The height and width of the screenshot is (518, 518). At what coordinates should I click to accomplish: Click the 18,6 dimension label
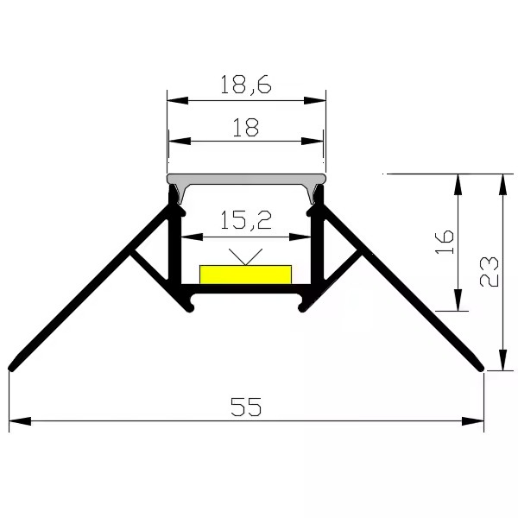click(x=245, y=85)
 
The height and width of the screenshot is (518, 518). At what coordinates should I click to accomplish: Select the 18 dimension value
click(x=246, y=128)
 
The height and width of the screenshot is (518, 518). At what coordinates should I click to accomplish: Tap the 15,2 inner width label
click(x=246, y=220)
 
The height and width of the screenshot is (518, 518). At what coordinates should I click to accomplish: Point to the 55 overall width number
click(x=246, y=407)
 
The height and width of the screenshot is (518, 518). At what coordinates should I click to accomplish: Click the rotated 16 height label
click(x=445, y=242)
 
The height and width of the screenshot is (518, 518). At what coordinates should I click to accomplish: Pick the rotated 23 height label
click(x=489, y=272)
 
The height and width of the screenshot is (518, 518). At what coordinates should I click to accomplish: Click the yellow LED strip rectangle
click(x=245, y=275)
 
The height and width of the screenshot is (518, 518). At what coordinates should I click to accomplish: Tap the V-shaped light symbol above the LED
click(x=245, y=256)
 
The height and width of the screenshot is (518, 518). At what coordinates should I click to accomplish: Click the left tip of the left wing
click(x=10, y=369)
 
